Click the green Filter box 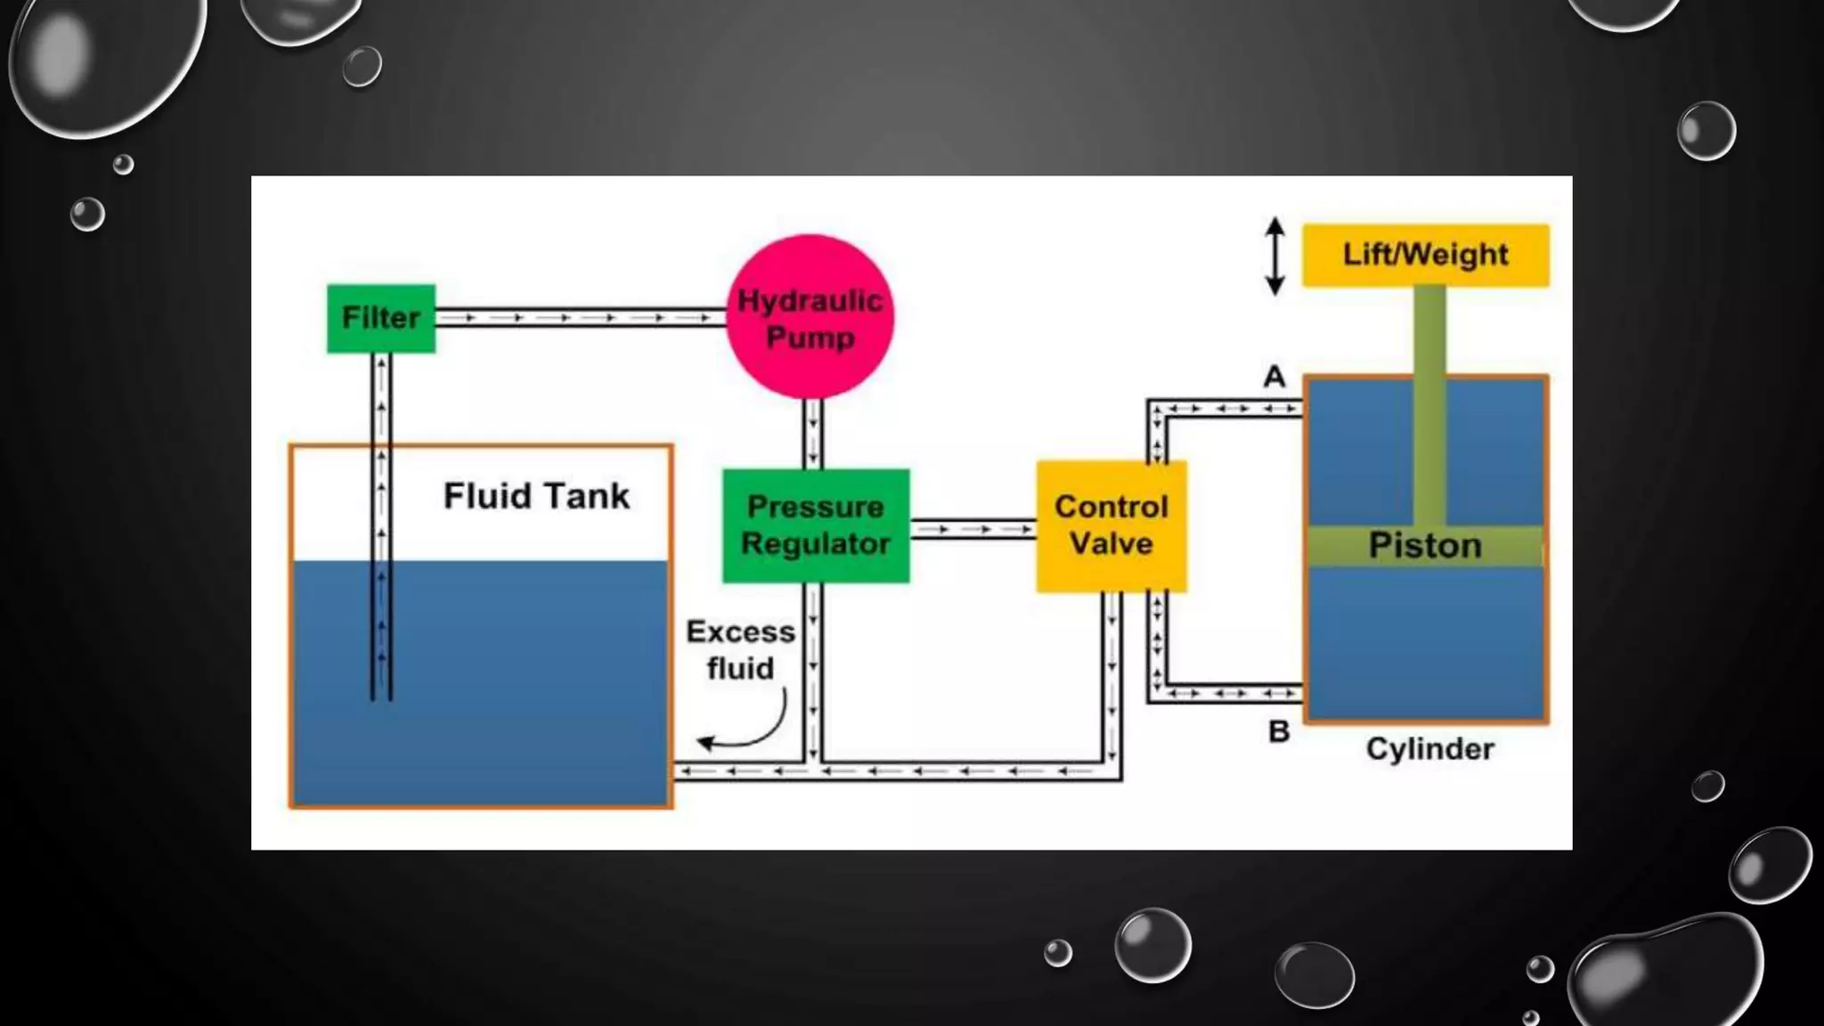(x=380, y=318)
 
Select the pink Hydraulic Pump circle (x=810, y=317)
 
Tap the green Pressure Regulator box (x=815, y=525)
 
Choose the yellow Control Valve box (x=1111, y=525)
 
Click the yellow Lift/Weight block (x=1425, y=255)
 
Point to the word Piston (x=1425, y=545)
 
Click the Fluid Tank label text (x=536, y=496)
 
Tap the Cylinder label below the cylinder (x=1429, y=749)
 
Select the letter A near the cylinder (x=1274, y=377)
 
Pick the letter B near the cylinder (x=1279, y=732)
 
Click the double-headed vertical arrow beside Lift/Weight (x=1275, y=256)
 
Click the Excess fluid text (x=740, y=650)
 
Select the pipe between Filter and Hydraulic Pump (x=579, y=317)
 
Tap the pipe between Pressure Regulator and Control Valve (x=973, y=530)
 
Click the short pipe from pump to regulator (x=812, y=434)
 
